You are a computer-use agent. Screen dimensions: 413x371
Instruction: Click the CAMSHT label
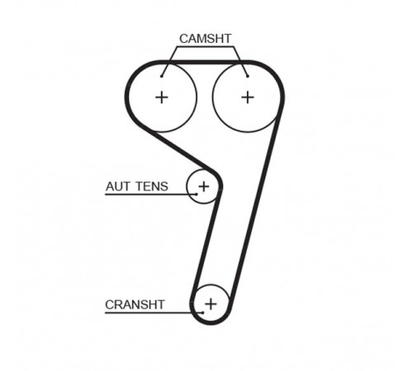205,39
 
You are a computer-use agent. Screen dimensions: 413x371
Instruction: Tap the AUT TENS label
136,186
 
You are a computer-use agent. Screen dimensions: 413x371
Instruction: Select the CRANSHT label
135,305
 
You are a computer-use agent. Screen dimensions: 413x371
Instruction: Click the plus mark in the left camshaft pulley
162,97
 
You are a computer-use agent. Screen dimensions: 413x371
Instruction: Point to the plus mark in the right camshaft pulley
248,97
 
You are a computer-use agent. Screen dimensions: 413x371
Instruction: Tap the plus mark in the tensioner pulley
204,186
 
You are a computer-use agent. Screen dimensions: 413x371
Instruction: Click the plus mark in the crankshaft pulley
211,304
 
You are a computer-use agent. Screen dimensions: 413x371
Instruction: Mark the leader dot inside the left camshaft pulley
162,76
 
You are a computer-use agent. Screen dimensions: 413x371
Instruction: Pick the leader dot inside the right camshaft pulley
248,76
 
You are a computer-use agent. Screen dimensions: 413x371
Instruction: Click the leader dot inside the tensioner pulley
197,194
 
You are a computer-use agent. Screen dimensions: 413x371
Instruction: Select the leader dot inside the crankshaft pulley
203,312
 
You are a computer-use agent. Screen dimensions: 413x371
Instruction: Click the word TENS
152,186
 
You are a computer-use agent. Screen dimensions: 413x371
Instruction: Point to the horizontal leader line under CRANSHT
154,312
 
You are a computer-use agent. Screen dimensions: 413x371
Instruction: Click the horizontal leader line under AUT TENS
151,195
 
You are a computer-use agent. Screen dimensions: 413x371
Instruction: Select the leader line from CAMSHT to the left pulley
169,62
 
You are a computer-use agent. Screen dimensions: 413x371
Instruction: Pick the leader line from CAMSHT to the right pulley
240,62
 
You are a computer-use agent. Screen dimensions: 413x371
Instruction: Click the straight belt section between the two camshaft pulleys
205,62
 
